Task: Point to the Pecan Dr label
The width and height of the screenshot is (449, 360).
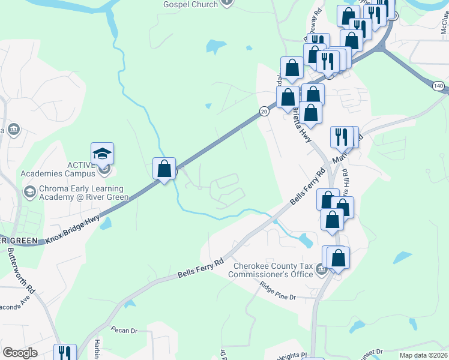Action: coord(124,329)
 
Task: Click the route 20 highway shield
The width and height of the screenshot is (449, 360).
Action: coord(264,111)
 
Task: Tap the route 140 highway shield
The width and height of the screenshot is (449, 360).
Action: coord(439,86)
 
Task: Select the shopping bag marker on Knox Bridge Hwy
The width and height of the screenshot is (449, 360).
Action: coord(164,169)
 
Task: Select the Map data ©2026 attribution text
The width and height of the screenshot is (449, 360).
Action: coord(424,355)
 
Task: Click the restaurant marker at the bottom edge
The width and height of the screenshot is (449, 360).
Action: coord(64,353)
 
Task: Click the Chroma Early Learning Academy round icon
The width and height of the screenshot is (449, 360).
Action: coord(29,192)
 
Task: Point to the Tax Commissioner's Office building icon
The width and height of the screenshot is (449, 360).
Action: coord(321,271)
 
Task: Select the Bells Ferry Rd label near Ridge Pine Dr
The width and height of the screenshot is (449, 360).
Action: coord(200,268)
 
